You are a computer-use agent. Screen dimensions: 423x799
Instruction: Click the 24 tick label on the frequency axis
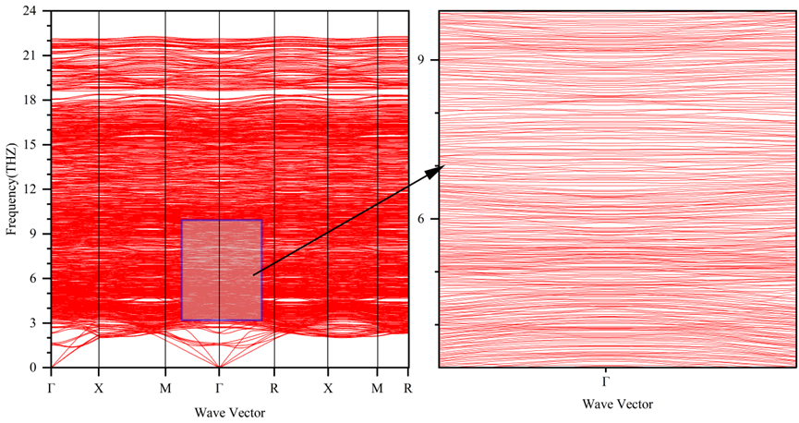coord(30,11)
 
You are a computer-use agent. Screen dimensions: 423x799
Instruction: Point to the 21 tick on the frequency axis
coord(30,55)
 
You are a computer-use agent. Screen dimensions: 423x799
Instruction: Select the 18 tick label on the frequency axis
coord(30,100)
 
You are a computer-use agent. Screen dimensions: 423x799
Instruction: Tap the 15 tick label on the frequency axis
coord(30,145)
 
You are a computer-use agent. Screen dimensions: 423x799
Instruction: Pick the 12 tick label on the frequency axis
coord(30,189)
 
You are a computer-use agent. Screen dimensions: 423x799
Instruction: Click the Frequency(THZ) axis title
coord(12,189)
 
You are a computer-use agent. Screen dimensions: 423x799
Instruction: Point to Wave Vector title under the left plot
coord(228,410)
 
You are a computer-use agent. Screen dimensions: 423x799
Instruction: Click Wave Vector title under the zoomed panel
coord(618,405)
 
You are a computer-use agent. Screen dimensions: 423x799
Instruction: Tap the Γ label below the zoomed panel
coord(605,381)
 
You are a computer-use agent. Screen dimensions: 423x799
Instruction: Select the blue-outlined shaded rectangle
coord(222,270)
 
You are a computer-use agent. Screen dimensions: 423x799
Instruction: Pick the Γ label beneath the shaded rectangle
coord(219,387)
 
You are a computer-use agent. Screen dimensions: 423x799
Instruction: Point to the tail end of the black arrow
coord(254,273)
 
